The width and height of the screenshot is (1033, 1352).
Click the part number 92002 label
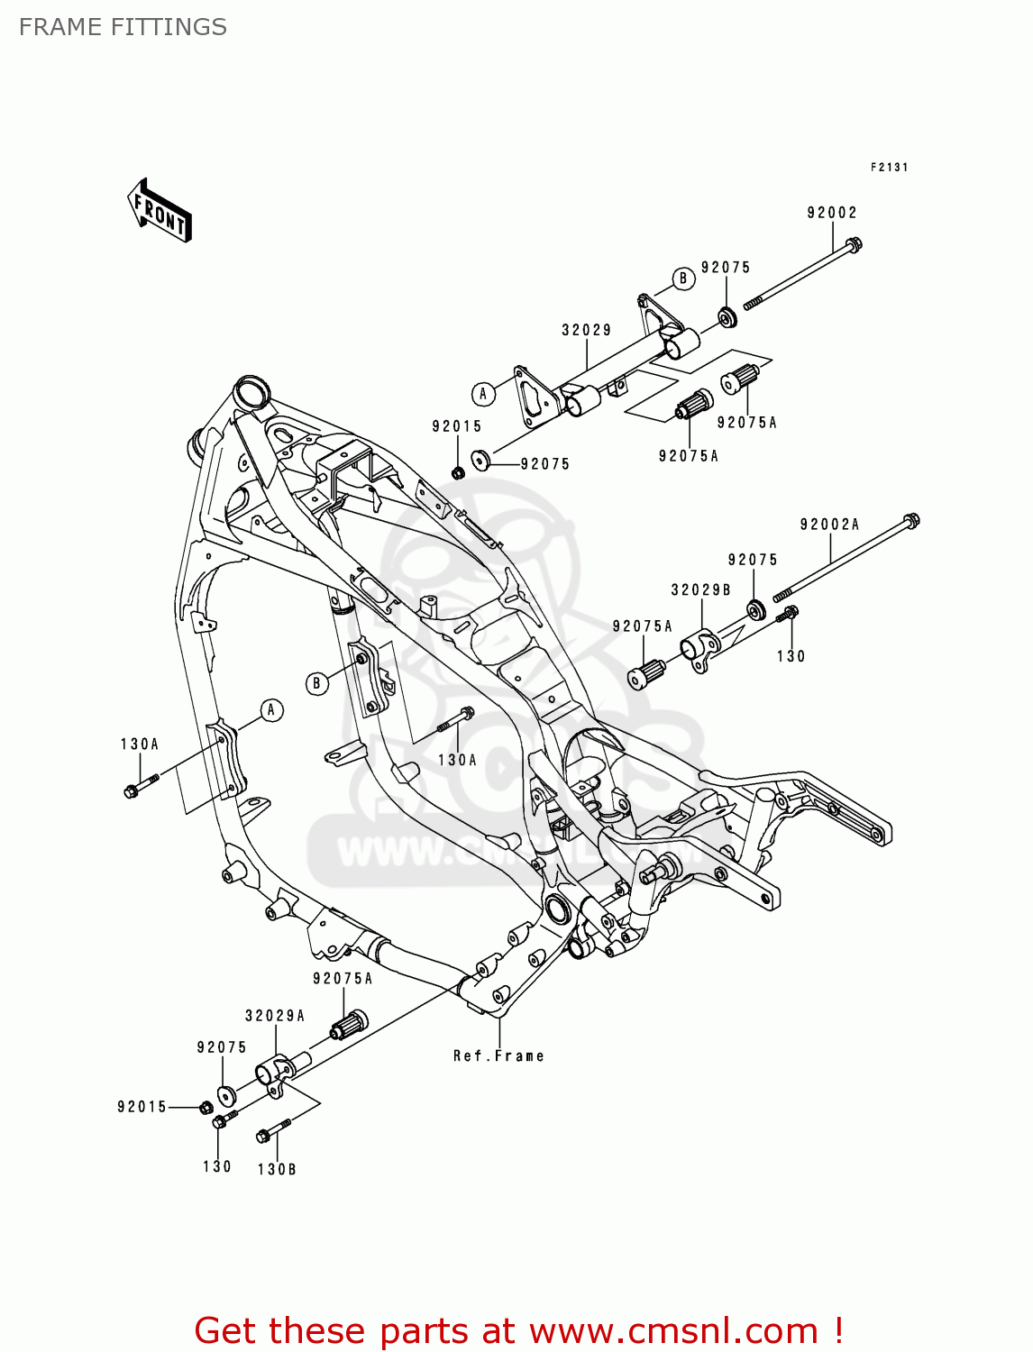point(831,214)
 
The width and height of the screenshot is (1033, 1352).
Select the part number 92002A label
point(829,525)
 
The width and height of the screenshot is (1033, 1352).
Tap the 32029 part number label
point(587,331)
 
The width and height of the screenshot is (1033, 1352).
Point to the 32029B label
point(700,590)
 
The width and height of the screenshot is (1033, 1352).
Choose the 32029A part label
point(275,1016)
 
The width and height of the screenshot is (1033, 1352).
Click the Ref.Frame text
point(498,1056)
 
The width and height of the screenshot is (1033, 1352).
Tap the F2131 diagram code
point(889,168)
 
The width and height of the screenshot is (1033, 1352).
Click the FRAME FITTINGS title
point(123,27)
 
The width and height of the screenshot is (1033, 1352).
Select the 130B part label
point(277,1170)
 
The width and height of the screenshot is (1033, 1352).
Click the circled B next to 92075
point(682,279)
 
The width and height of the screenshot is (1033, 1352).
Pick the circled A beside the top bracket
point(483,394)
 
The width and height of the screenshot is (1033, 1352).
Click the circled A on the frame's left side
point(271,710)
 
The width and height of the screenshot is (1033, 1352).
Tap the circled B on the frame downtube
point(316,683)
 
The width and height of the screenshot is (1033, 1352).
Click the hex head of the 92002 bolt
point(854,243)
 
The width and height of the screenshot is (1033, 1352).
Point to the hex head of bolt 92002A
point(911,520)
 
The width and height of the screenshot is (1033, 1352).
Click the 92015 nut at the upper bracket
point(458,472)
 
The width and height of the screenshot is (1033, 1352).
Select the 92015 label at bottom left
point(142,1107)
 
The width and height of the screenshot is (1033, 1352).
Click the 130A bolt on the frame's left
point(132,791)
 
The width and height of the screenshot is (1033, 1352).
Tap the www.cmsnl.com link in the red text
point(672,1331)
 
